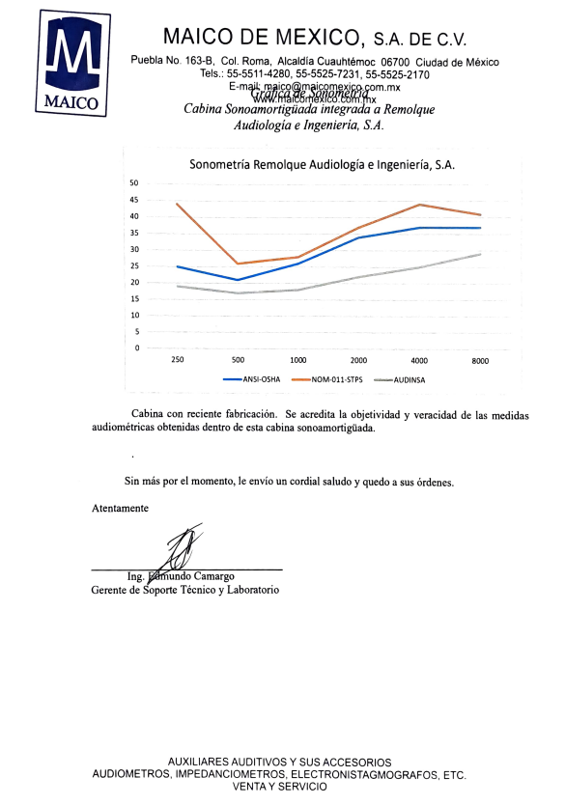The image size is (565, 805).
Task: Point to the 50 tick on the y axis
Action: [x=134, y=183]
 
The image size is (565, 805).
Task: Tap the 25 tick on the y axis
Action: [x=134, y=265]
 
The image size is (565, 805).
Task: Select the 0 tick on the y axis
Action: [x=137, y=347]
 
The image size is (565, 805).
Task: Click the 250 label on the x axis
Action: [x=177, y=361]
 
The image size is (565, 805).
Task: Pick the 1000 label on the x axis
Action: [x=298, y=361]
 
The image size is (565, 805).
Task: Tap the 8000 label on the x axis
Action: [x=480, y=361]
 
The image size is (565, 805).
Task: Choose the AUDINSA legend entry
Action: [x=399, y=379]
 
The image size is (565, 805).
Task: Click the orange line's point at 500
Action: [x=238, y=264]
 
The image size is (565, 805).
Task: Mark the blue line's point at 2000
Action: [x=359, y=237]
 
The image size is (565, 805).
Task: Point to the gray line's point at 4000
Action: [x=420, y=267]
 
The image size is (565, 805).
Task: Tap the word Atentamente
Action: [x=120, y=508]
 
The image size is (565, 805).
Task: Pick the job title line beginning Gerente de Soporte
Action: [x=185, y=589]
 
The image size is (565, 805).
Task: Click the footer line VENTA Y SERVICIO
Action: [x=279, y=787]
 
